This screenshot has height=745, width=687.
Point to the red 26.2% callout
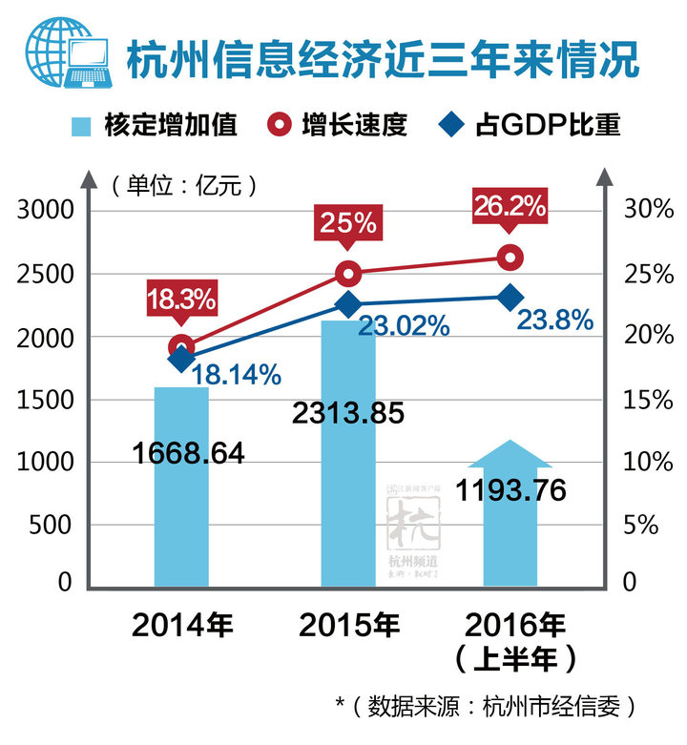click(x=510, y=206)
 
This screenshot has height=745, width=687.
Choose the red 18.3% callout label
click(x=181, y=299)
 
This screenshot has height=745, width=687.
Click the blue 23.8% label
click(x=554, y=321)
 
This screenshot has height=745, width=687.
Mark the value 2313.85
click(x=349, y=413)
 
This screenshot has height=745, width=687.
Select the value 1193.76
click(x=511, y=490)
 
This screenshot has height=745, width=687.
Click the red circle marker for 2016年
click(x=511, y=257)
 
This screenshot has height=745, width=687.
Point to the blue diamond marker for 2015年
click(x=348, y=304)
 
